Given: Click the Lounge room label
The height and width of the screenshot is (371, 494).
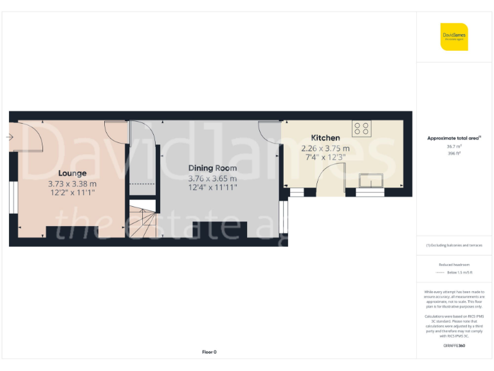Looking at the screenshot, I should (72, 173).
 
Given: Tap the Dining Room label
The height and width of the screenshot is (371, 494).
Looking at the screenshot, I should (212, 168).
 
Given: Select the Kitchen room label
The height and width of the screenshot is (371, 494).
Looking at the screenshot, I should (325, 138).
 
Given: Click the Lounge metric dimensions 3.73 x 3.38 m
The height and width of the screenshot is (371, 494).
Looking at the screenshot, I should (73, 184).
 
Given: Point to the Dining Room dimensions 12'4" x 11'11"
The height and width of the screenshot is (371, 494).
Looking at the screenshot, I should (212, 188).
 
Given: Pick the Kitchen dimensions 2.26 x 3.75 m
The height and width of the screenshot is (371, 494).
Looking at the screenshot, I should (325, 148).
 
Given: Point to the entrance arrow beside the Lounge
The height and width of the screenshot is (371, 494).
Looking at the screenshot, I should (10, 137).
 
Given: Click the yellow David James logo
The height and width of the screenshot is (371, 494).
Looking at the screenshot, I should (453, 37).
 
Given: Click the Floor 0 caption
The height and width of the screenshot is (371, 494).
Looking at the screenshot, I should (210, 352).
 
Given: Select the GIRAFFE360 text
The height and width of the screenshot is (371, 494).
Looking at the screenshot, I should (454, 346).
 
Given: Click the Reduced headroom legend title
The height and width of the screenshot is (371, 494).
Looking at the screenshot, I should (454, 265).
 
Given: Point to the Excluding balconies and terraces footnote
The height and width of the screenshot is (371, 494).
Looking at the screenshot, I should (454, 245).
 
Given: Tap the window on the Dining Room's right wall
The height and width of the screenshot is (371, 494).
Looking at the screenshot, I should (284, 218).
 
